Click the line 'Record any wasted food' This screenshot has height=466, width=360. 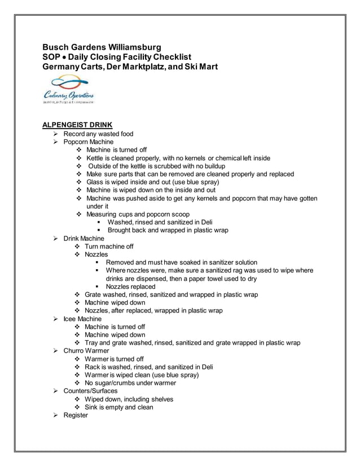(x=98, y=134)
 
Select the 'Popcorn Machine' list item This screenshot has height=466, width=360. (x=88, y=142)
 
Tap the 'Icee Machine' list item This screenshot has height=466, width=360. (x=82, y=319)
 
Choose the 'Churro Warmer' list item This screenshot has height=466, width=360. (x=86, y=351)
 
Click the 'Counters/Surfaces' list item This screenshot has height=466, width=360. (x=90, y=391)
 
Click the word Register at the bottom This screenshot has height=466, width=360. (x=76, y=415)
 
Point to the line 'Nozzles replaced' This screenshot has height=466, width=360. (x=130, y=287)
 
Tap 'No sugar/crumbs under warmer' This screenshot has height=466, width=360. (x=130, y=383)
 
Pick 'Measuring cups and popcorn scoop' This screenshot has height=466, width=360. (x=138, y=214)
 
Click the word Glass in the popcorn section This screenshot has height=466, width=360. (x=96, y=182)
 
